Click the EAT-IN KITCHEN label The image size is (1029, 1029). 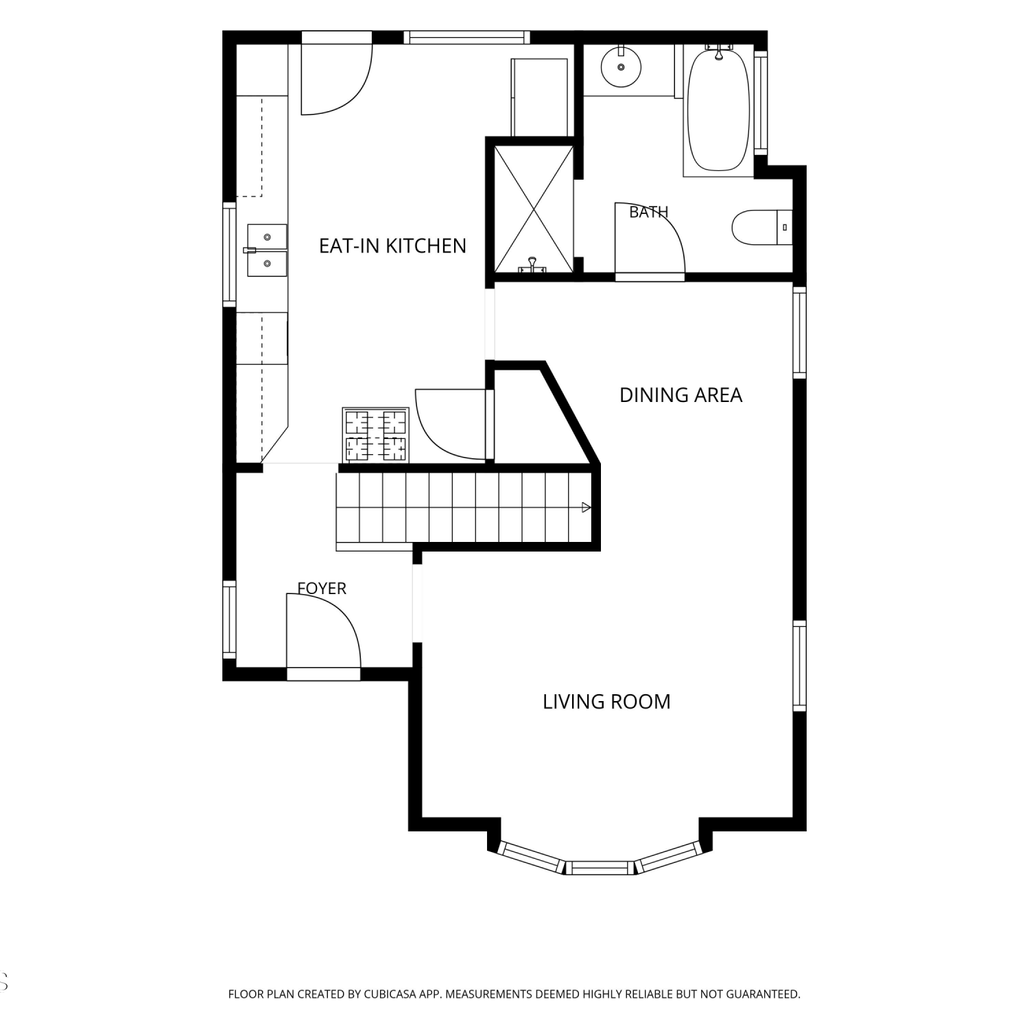point(392,246)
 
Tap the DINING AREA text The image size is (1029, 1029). point(681,395)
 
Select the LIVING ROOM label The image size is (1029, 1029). point(606,702)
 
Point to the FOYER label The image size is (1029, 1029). point(322,588)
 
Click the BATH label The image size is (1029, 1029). point(648,212)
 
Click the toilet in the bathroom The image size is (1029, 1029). point(762,227)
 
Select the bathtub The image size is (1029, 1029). point(718,110)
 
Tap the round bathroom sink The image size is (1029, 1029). point(621,67)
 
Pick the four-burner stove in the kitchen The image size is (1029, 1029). point(376,435)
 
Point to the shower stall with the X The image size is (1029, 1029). point(534,209)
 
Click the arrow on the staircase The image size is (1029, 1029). point(586,508)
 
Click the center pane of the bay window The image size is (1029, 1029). point(600,868)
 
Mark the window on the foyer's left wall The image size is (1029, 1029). point(230,620)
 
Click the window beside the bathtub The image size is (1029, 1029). point(761,102)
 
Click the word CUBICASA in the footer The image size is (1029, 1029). point(390,994)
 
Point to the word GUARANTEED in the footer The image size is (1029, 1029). point(765,994)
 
